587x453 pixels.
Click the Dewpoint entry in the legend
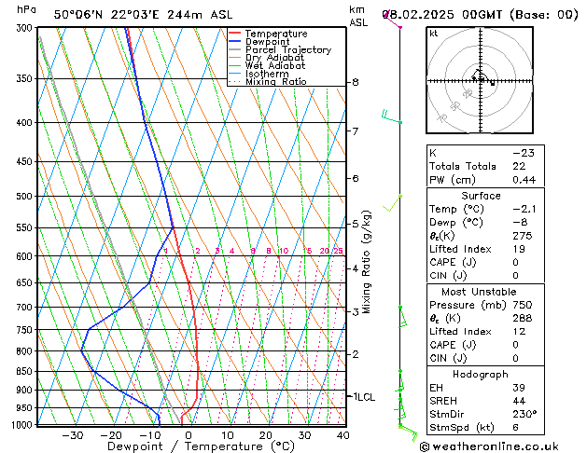(x=271, y=42)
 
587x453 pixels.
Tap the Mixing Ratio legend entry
(x=275, y=82)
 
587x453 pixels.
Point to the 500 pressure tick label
(x=25, y=197)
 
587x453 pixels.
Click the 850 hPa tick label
(x=25, y=371)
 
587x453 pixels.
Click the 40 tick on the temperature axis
(x=342, y=435)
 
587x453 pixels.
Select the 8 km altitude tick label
(x=355, y=82)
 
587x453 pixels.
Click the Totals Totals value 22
(x=519, y=165)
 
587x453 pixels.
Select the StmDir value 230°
(x=524, y=414)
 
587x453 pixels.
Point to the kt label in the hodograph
(x=433, y=34)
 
